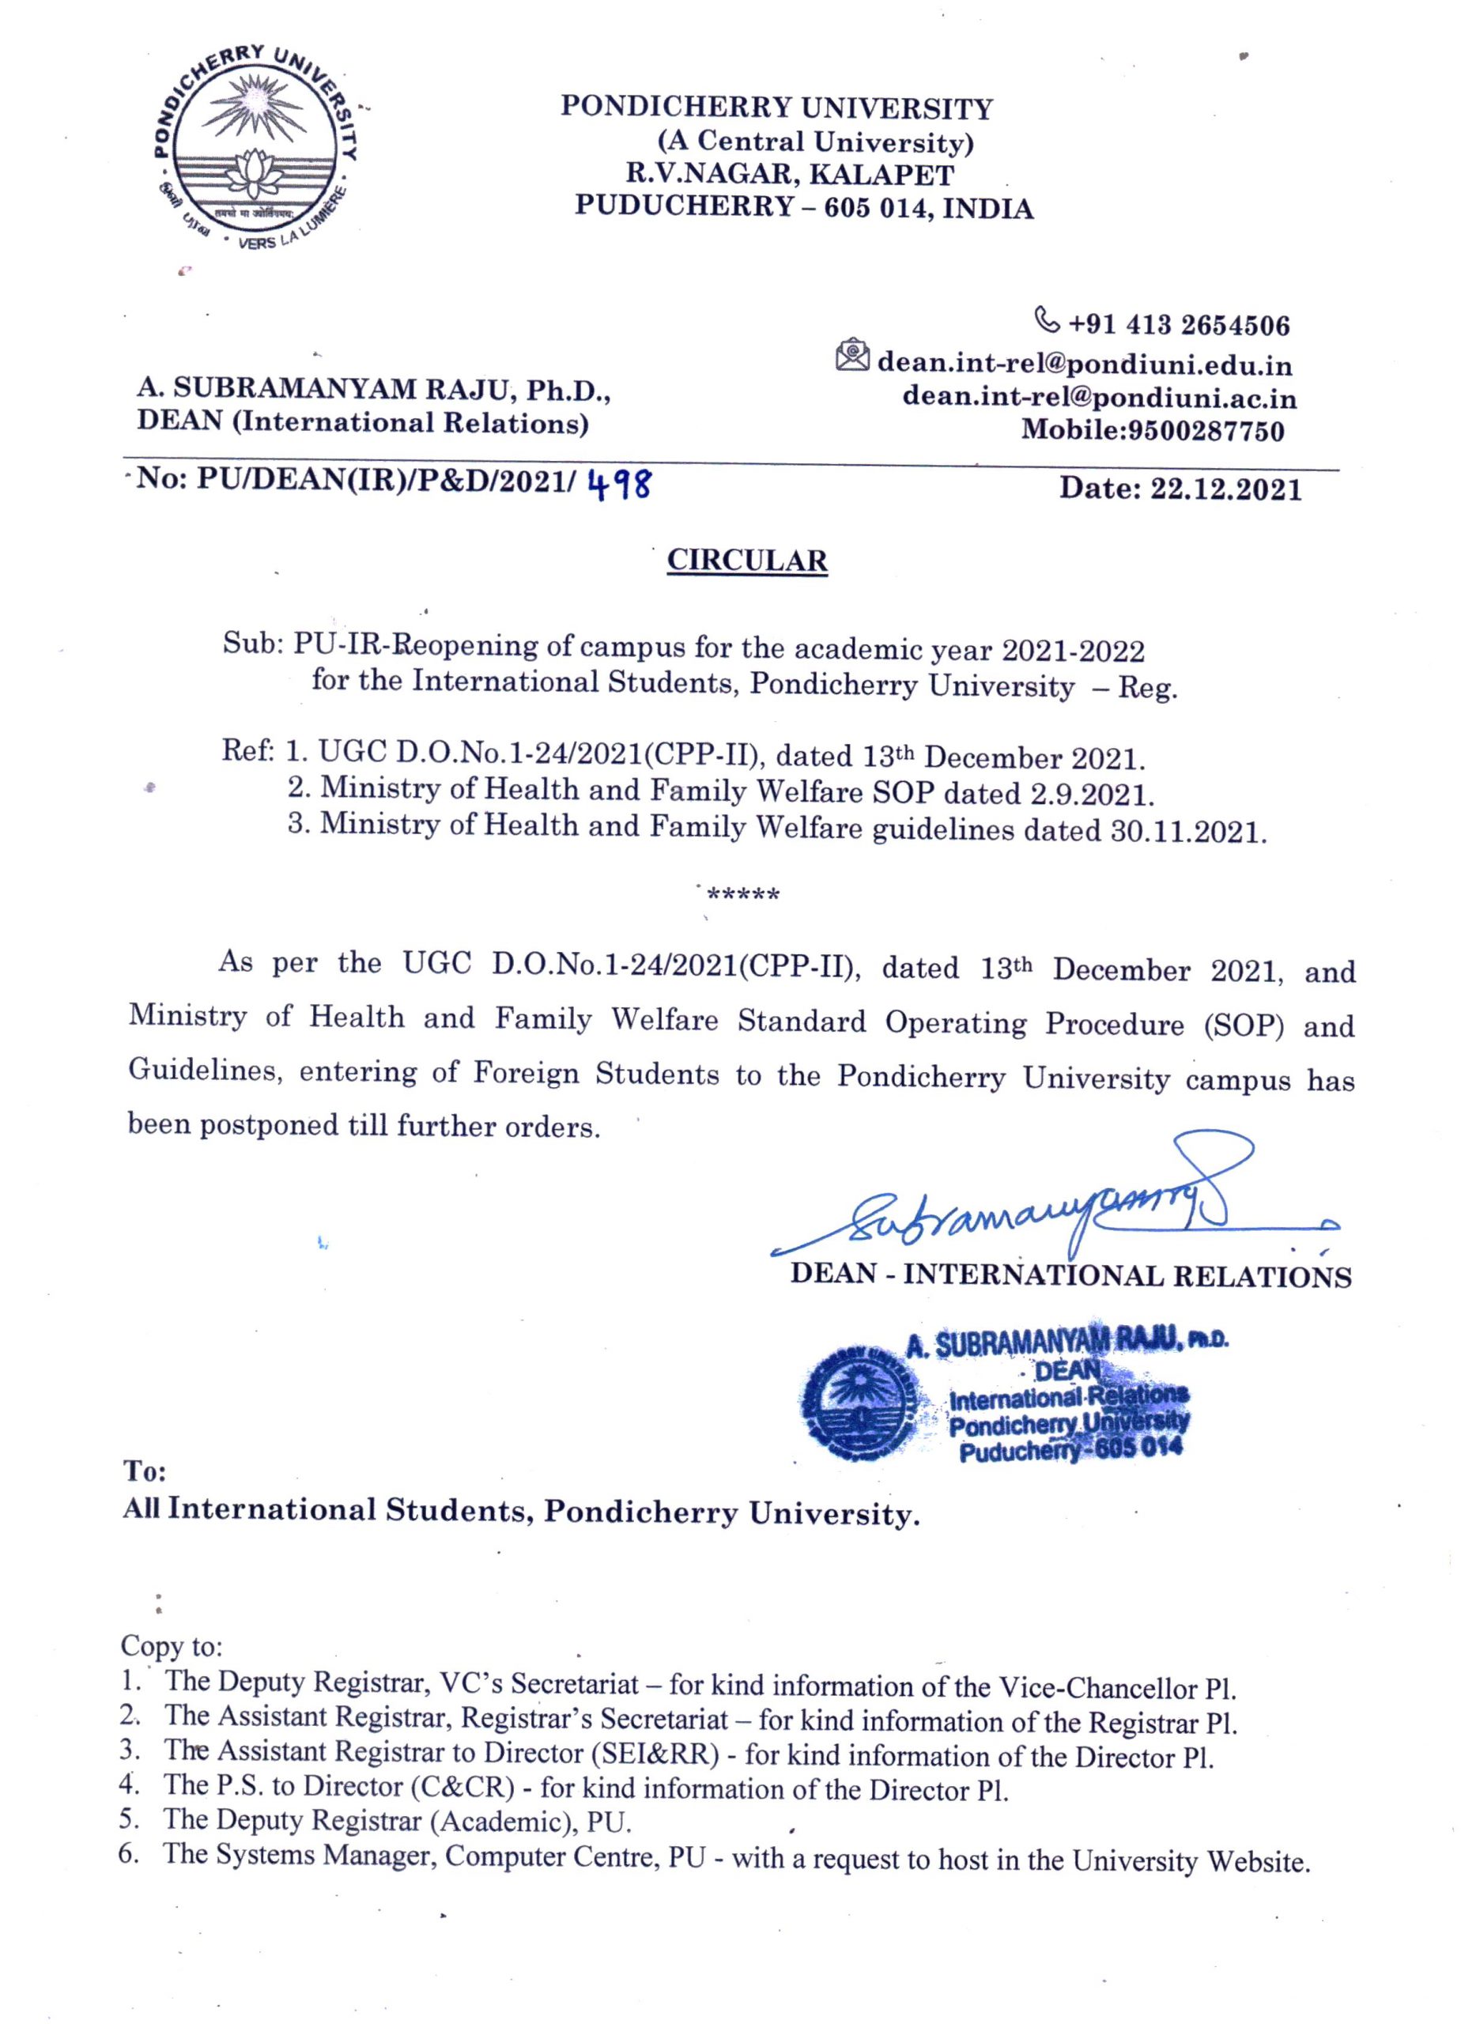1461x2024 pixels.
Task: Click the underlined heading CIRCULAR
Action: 747,561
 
